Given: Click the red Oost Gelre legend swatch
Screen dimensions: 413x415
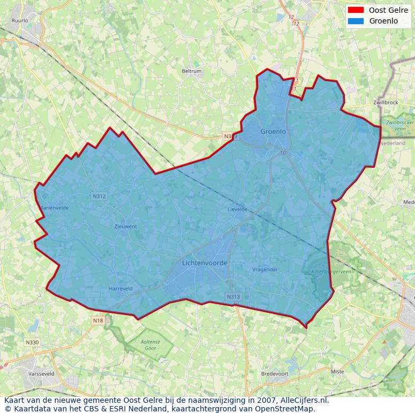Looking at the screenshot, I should pyautogui.click(x=355, y=10).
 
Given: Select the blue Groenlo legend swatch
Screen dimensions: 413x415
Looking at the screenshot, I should pyautogui.click(x=355, y=21).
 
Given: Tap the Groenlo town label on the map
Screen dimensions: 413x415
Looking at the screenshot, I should pyautogui.click(x=273, y=132).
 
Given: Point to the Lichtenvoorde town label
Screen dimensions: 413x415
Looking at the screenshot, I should pyautogui.click(x=205, y=263).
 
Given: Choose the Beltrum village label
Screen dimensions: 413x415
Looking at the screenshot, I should pyautogui.click(x=191, y=71).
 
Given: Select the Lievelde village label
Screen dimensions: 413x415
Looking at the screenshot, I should pyautogui.click(x=237, y=209).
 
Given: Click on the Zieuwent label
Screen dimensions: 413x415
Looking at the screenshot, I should pyautogui.click(x=126, y=226).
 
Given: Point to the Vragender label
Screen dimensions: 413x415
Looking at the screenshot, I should pyautogui.click(x=265, y=270).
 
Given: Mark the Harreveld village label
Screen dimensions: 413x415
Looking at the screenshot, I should pyautogui.click(x=120, y=288).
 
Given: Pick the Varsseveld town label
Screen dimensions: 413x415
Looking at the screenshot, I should pyautogui.click(x=41, y=374).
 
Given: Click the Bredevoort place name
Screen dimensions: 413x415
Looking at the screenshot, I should pyautogui.click(x=274, y=374).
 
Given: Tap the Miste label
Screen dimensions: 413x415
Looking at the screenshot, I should pyautogui.click(x=337, y=371).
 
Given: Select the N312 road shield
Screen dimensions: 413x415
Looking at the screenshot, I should pyautogui.click(x=99, y=196).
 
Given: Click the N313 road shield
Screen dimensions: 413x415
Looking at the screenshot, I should pyautogui.click(x=233, y=297).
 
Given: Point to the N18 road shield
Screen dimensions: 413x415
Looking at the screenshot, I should pyautogui.click(x=97, y=320).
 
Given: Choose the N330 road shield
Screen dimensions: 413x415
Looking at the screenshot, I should pyautogui.click(x=32, y=342).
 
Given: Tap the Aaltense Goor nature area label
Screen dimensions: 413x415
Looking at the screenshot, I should pyautogui.click(x=150, y=345).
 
